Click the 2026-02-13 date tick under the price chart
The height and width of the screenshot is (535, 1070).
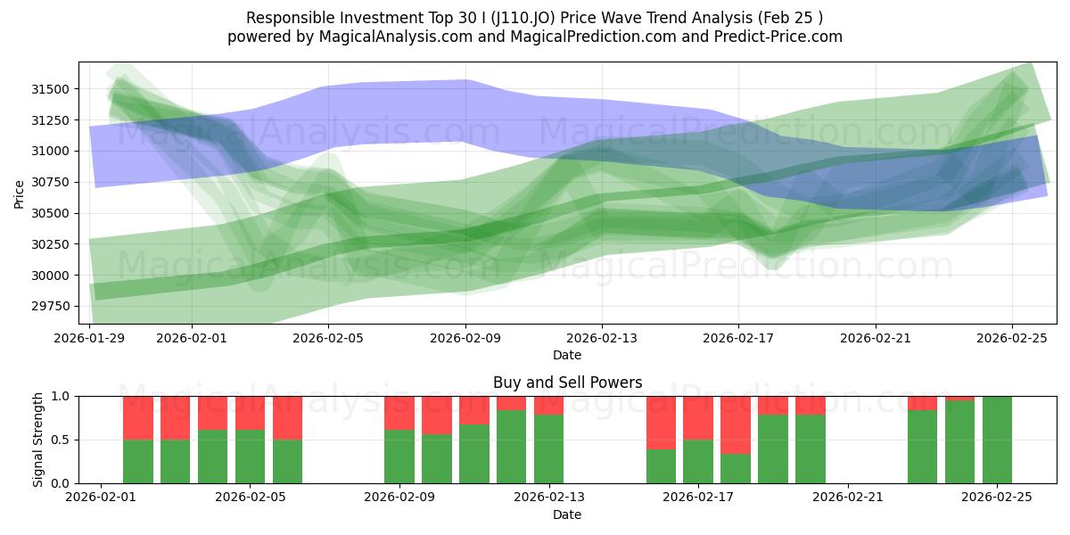tap(602, 338)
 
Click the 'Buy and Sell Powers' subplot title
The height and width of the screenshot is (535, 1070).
tap(567, 383)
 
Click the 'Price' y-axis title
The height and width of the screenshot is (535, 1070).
tap(20, 193)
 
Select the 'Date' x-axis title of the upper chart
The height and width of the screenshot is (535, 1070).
tap(567, 355)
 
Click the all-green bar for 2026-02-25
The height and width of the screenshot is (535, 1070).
tap(997, 440)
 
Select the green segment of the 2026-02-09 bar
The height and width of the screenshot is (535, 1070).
tap(399, 457)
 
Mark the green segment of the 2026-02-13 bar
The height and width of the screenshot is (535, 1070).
tap(548, 449)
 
